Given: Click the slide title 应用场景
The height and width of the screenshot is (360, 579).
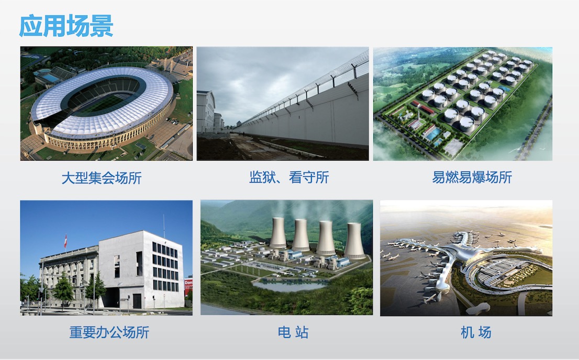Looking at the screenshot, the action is coord(66,26).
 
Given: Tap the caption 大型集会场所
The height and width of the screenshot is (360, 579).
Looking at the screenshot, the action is coord(102,178).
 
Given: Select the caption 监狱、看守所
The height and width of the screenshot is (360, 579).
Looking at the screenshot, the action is coord(289,177).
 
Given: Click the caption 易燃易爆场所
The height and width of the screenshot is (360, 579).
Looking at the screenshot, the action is coord(472,177).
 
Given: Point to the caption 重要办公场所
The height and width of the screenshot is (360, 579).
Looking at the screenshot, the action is coord(109,332).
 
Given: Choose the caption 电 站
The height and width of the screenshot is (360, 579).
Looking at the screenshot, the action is coord(293,332).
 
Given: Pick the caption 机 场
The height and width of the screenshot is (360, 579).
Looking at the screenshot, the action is coord(476,332).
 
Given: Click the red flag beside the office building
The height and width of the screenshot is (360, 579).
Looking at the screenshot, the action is coord(66,241).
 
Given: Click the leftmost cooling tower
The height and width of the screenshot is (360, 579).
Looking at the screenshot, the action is coord(278,233).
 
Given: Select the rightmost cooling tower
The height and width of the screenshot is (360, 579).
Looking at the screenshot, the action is coord(354,241).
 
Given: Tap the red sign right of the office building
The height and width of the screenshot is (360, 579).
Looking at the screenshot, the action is coord(188,286).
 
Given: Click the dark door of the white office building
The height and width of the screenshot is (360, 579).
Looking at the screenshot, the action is coord(137,301).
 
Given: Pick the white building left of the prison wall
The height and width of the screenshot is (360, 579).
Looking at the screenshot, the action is coord(206,112).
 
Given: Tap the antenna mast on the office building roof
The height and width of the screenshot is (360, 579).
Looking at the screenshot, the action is coord(164,226).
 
